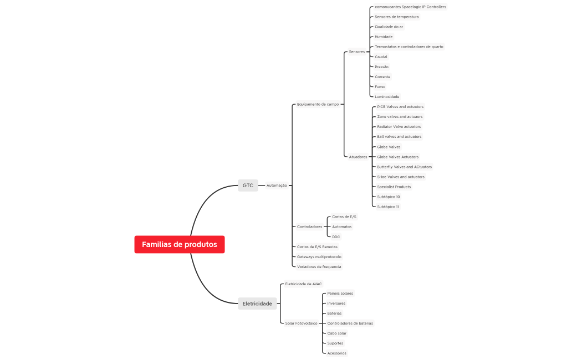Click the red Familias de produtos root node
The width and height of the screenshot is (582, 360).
tap(179, 244)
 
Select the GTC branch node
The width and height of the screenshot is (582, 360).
tap(248, 186)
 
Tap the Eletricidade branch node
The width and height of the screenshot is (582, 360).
tap(257, 304)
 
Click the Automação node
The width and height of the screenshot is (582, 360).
tap(277, 186)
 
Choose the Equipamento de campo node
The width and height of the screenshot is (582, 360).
tap(318, 104)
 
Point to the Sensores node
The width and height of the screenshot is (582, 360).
tap(357, 52)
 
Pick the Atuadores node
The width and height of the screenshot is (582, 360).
tap(358, 157)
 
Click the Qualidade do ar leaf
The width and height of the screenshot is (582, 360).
tap(389, 27)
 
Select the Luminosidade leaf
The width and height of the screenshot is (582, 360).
tap(387, 97)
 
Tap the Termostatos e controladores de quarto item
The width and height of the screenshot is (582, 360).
tap(409, 47)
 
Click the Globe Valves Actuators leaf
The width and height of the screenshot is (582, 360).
tap(397, 157)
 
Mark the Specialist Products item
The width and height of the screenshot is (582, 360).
tap(394, 187)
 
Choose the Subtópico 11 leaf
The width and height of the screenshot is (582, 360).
tap(388, 207)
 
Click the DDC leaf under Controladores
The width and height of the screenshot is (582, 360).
tap(336, 237)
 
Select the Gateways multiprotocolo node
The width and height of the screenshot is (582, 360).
tap(319, 256)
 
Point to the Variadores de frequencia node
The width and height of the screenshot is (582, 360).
tap(319, 266)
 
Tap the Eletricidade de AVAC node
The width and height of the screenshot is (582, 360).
tap(303, 284)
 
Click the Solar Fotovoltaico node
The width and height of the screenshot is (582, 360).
tap(301, 323)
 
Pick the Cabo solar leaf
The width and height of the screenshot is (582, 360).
tap(336, 333)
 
